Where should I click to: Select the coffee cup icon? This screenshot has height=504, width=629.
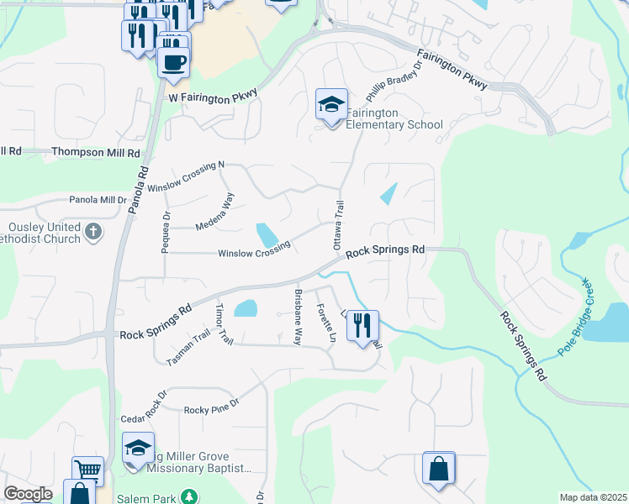(173, 62)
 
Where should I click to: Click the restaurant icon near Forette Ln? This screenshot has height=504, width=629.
(362, 325)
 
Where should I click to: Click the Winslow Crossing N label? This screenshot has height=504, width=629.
(187, 176)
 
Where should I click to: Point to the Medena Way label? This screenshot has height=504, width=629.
(215, 214)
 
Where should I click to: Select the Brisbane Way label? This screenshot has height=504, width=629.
(298, 318)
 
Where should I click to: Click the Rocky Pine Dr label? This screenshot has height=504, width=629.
(212, 402)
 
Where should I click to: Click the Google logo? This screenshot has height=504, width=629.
(28, 494)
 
